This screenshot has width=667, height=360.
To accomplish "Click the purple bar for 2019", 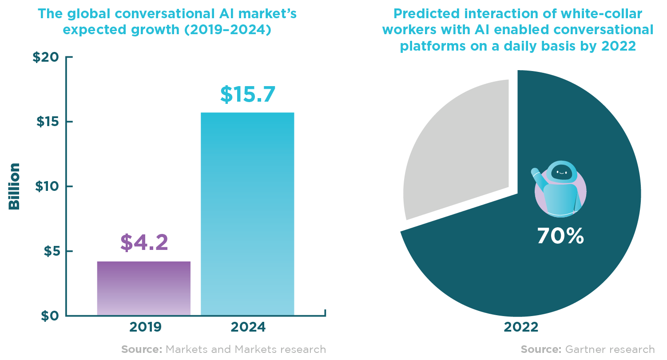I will pos(143,288).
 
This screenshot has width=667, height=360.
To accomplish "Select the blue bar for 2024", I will pos(247,214).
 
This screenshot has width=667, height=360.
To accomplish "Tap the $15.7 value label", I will pos(248,94).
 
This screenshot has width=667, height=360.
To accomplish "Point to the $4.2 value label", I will pos(144,242).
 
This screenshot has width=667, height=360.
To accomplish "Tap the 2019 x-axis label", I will pos(145,328).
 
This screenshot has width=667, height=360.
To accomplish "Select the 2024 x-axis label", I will pos(248,328).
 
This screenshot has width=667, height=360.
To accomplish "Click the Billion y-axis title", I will pos(15,186).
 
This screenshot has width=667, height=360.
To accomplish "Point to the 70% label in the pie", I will pos(560,237).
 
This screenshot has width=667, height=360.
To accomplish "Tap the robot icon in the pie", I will pos(559,188).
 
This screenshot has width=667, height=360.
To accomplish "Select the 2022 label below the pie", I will pos(521,328).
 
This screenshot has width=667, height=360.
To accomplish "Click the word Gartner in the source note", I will pos(585,349).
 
